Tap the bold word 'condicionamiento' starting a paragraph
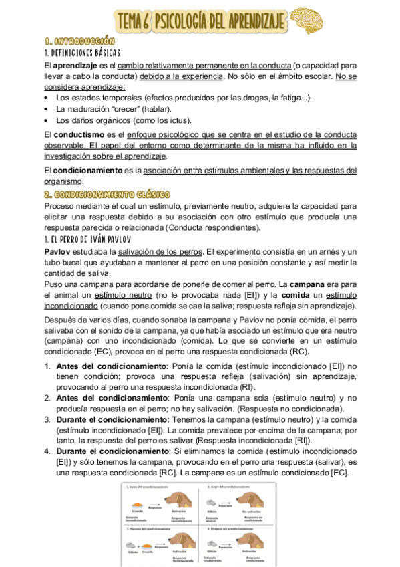tap(86, 170)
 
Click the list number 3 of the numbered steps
tap(47, 419)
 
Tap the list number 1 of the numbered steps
tap(47, 366)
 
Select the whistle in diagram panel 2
tap(213, 505)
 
